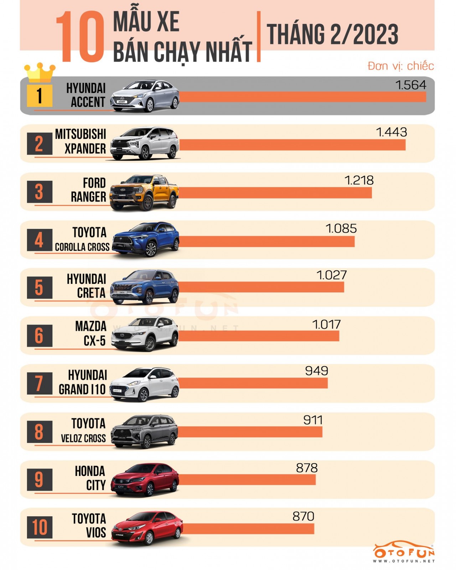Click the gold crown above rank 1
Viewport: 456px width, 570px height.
point(40,72)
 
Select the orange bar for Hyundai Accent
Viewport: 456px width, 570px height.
point(303,97)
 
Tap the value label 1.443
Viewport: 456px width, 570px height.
point(391,132)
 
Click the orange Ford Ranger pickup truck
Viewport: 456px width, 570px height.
point(144,192)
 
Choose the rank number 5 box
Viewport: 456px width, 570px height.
point(40,287)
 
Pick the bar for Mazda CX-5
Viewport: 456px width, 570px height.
point(259,336)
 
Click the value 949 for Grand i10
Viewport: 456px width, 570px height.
point(316,371)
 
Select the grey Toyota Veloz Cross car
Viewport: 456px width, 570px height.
point(144,431)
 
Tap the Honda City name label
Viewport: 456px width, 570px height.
point(90,478)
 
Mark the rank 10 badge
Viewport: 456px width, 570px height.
point(40,527)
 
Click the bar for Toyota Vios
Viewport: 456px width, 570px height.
point(248,529)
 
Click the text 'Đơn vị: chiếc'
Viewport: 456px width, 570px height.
point(400,66)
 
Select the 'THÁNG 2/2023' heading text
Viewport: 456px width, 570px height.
point(332,35)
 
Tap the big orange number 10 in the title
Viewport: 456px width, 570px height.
point(80,37)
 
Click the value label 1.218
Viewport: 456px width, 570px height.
point(359,180)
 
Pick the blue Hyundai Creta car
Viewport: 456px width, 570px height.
point(144,287)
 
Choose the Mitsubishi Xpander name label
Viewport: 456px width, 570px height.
point(81,141)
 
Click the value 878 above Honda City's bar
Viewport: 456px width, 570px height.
point(306,468)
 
